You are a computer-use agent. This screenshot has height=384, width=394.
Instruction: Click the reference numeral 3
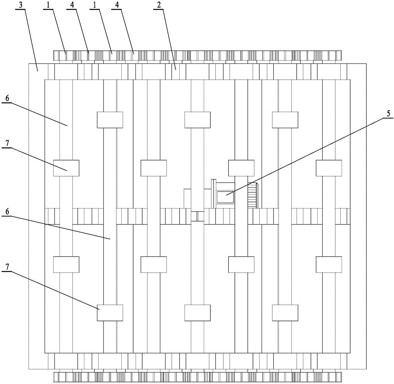coord(25,5)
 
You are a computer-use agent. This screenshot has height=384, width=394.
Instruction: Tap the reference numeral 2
coord(159,5)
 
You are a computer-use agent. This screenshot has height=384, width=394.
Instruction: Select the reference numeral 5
coord(388,114)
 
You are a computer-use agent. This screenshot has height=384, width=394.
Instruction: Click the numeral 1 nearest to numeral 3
coord(48,5)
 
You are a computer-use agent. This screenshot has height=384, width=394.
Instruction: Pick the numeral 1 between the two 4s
coord(95,5)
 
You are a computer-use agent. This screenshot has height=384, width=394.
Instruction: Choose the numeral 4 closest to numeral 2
coord(117,5)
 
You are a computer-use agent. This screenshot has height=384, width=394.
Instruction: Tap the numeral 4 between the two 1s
coord(72,5)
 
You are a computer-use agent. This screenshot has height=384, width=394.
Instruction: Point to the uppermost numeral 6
coord(7,98)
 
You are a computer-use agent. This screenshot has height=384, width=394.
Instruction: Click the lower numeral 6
coord(7,211)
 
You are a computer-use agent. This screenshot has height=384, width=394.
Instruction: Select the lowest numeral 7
coord(7,267)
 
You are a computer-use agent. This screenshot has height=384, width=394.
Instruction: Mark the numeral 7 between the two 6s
coord(7,144)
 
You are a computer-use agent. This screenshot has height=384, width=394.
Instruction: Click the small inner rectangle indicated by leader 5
coord(226,197)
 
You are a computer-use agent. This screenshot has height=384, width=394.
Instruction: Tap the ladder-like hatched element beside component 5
coord(252,196)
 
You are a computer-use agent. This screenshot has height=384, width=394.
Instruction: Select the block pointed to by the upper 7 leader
coord(66,168)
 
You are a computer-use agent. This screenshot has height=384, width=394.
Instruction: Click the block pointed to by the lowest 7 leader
coord(110,313)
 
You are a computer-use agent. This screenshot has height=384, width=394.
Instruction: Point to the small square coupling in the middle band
coord(197,216)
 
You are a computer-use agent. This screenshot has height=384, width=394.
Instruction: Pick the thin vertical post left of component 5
coord(213,194)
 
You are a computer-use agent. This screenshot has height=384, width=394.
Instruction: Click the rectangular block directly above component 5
coord(241,168)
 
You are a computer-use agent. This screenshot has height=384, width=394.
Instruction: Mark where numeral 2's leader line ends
coord(175,69)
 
